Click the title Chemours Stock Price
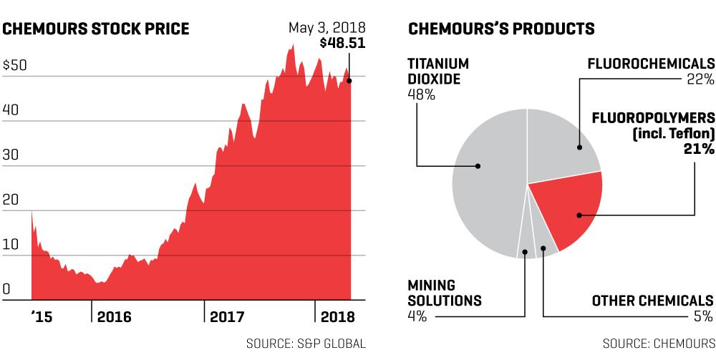click(95, 29)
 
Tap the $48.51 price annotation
click(342, 44)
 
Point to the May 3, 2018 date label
click(327, 28)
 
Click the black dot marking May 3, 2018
click(349, 81)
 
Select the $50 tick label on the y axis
click(15, 65)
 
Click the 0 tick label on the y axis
click(6, 289)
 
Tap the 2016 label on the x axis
click(114, 316)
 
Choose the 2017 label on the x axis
click(227, 316)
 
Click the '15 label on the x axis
click(42, 316)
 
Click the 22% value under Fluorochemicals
click(700, 79)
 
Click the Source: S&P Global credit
click(306, 344)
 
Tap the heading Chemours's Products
click(501, 29)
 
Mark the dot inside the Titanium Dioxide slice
click(478, 166)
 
